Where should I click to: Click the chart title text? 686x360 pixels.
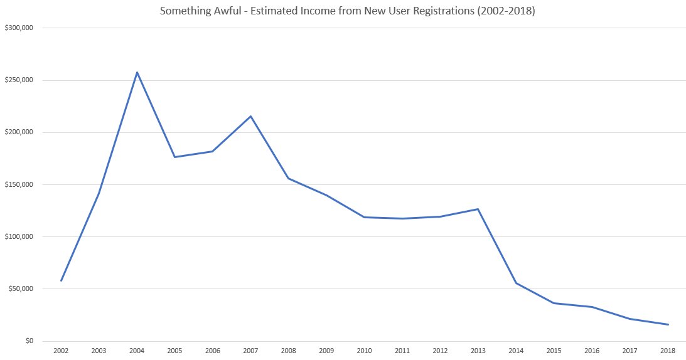coord(347,11)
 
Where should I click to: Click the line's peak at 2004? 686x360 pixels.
coord(137,72)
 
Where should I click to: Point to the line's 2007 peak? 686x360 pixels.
coord(250,116)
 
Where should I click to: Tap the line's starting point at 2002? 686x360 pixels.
coord(61,281)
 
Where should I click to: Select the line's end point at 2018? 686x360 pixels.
coord(668,325)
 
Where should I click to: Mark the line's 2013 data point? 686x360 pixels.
coord(478,209)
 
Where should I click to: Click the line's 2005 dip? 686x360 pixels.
coord(174,157)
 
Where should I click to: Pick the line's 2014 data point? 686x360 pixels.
coord(517,283)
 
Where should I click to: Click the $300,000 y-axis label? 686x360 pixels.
coord(19,28)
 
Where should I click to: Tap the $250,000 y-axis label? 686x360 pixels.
coord(19,80)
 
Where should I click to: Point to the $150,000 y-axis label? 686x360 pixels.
coord(19,184)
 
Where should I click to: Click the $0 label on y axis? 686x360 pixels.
coord(29,341)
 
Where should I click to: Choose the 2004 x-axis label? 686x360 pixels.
coord(137,351)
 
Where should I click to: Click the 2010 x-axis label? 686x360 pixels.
coord(365,351)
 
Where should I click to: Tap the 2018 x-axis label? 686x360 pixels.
coord(668,351)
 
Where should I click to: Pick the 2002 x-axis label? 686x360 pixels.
coord(61,351)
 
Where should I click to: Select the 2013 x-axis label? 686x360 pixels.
coord(478,351)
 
